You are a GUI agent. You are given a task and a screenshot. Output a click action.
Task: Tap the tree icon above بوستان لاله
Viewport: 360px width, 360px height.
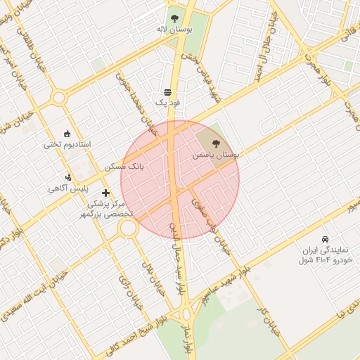(174, 19)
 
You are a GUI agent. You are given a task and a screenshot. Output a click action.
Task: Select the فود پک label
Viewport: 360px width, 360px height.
(167, 103)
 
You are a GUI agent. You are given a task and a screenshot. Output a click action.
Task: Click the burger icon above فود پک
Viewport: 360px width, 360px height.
(167, 92)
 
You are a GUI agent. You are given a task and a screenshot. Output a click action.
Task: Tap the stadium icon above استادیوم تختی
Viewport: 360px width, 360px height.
(67, 133)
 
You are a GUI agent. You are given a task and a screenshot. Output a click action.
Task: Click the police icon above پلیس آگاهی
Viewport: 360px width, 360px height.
(68, 176)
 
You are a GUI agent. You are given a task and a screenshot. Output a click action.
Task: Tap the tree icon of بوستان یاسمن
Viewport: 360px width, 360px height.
(215, 143)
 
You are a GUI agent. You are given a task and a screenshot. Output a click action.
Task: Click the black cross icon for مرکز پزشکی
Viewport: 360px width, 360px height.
(105, 192)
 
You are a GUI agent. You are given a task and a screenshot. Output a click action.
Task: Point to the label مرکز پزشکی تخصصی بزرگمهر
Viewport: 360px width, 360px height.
(107, 210)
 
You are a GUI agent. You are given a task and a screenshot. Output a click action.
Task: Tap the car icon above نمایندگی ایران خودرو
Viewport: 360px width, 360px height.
(324, 239)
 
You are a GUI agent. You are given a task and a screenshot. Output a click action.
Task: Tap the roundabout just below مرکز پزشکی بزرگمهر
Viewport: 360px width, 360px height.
(128, 228)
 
